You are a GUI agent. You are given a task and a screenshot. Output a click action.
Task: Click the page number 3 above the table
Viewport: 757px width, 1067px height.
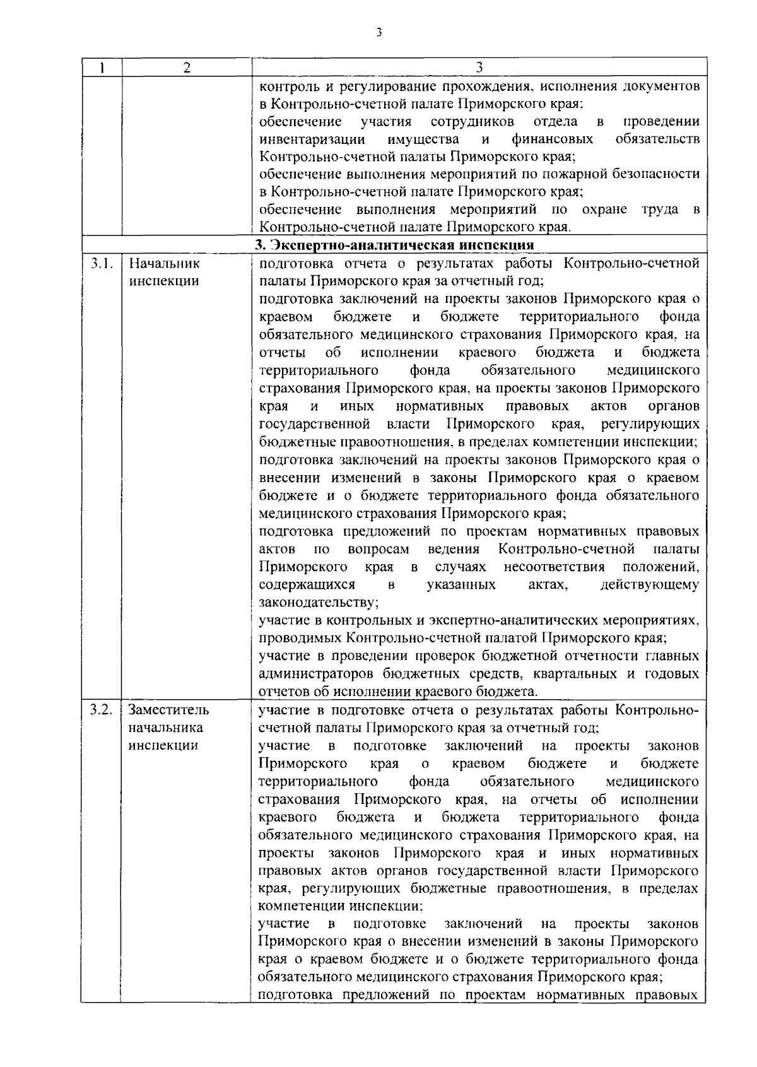click(x=378, y=33)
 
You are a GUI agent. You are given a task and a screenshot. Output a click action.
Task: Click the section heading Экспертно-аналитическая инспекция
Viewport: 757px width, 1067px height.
click(x=395, y=245)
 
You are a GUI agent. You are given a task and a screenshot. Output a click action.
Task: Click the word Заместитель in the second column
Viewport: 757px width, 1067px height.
click(x=169, y=710)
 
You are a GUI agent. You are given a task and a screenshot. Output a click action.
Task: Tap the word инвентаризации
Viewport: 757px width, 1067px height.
click(x=312, y=139)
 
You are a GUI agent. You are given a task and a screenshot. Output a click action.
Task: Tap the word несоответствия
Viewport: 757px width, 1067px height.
click(x=554, y=567)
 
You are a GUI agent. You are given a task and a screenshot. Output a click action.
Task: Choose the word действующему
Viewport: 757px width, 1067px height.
click(x=650, y=585)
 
